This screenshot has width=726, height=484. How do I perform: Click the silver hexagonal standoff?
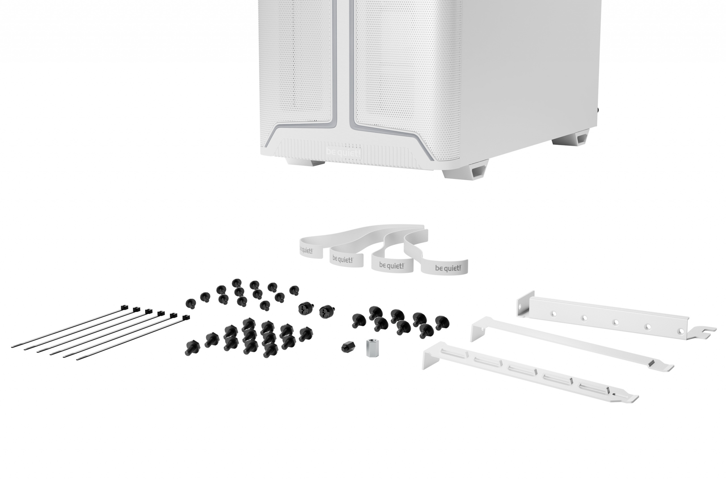pyautogui.click(x=372, y=348)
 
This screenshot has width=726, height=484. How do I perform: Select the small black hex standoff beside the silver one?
pyautogui.click(x=348, y=347)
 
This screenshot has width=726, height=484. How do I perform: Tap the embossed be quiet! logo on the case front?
pyautogui.click(x=343, y=153)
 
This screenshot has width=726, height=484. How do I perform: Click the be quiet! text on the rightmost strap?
pyautogui.click(x=448, y=268)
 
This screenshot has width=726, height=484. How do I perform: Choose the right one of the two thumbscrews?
pyautogui.click(x=327, y=311)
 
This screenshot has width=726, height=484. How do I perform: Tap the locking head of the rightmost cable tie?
pyautogui.click(x=185, y=317)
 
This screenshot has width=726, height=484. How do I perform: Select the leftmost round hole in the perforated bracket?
pyautogui.click(x=554, y=314)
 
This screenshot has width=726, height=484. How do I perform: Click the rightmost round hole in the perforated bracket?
pyautogui.click(x=680, y=331)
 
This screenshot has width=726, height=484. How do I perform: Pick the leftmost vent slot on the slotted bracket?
pyautogui.click(x=453, y=354)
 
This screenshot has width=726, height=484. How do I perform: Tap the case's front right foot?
pyautogui.click(x=465, y=171)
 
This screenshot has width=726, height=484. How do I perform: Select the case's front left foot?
pyautogui.click(x=305, y=161)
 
